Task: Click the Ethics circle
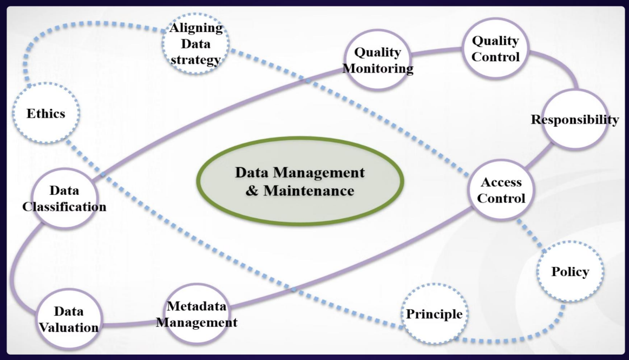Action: (x=46, y=114)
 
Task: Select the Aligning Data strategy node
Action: (x=196, y=43)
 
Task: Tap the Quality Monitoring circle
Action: (x=378, y=60)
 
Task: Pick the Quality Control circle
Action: (x=495, y=48)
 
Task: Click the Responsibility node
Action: (x=574, y=120)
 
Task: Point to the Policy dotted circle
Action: (x=569, y=272)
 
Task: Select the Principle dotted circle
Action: (x=434, y=314)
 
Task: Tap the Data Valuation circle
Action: (x=68, y=319)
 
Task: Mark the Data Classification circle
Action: (x=64, y=198)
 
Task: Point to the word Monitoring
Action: (x=378, y=68)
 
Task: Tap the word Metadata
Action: (x=196, y=306)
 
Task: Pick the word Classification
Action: (x=64, y=207)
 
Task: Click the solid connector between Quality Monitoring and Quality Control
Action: (x=437, y=52)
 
